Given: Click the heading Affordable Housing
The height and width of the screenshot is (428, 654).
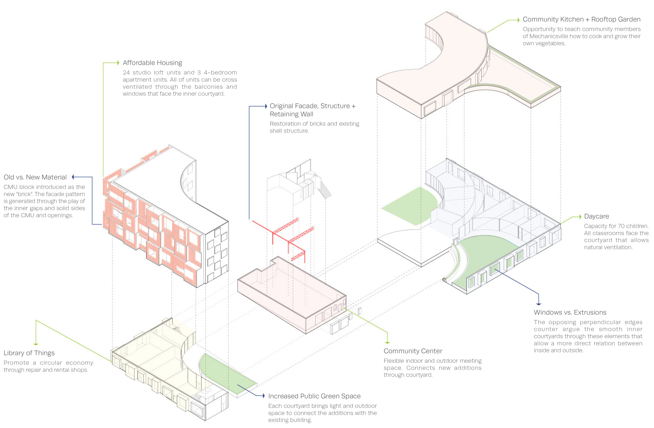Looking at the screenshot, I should [152, 63].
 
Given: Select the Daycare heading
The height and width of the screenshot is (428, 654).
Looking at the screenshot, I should [596, 216].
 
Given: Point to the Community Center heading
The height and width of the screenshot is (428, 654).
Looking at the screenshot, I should [413, 351].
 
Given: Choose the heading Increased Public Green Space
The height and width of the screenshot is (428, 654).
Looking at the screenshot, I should [314, 396].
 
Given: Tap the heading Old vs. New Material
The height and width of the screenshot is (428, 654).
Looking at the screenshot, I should [35, 177].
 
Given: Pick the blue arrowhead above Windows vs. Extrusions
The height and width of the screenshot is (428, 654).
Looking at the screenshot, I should [539, 304].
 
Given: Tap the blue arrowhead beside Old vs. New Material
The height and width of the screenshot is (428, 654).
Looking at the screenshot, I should [73, 177].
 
